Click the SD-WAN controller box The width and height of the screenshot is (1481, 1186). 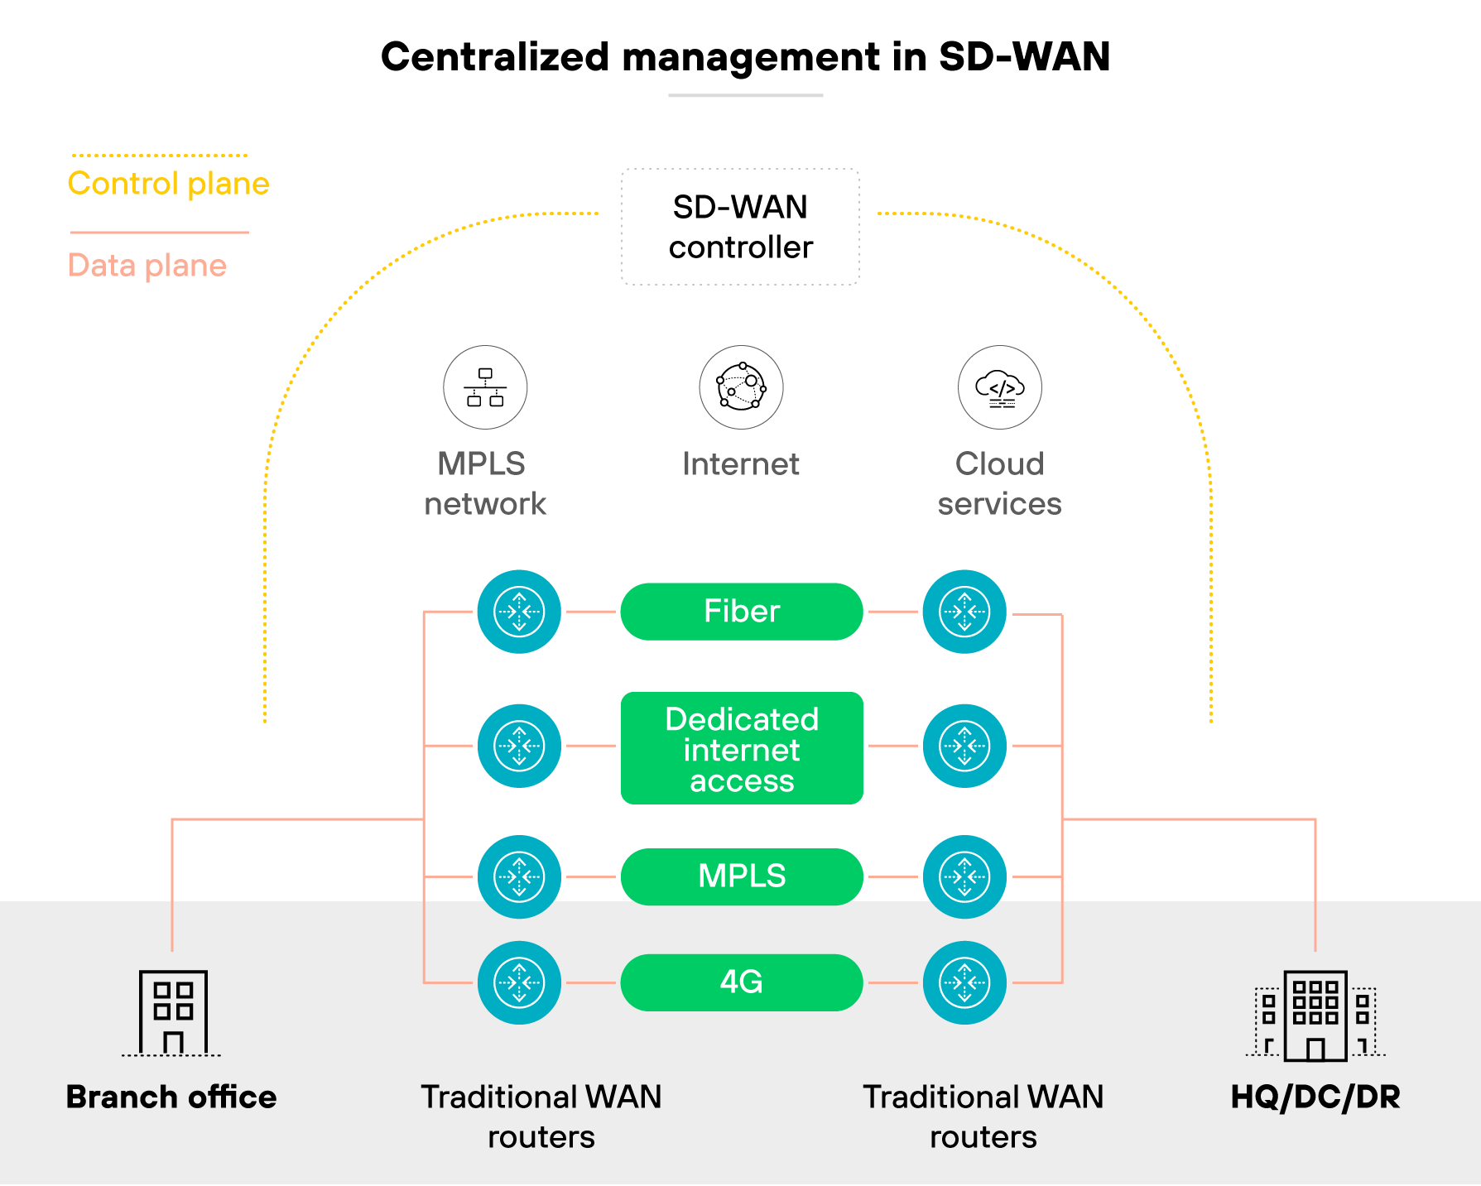[740, 227]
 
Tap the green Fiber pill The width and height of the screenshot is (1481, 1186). [741, 612]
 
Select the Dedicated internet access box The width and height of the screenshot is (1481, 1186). [741, 748]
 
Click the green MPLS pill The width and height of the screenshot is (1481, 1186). [741, 876]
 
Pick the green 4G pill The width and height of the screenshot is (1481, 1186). [741, 982]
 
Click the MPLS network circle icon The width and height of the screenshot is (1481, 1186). [485, 387]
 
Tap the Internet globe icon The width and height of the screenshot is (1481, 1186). [741, 387]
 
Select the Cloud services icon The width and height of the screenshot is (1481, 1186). [999, 387]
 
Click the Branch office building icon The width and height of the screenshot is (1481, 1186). [172, 1013]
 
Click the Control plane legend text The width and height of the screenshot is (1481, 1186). [168, 184]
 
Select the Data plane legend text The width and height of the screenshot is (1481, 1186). [147, 266]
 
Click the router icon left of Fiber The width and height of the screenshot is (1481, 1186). [519, 612]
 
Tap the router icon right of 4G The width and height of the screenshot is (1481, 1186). [964, 982]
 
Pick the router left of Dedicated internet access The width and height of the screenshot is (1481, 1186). [519, 746]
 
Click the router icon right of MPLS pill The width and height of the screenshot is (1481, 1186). [964, 876]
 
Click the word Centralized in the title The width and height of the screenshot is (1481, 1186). [494, 57]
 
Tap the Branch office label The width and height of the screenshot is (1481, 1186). [171, 1097]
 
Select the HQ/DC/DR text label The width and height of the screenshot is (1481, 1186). [1315, 1097]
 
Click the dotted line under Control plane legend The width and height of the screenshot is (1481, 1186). [159, 155]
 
